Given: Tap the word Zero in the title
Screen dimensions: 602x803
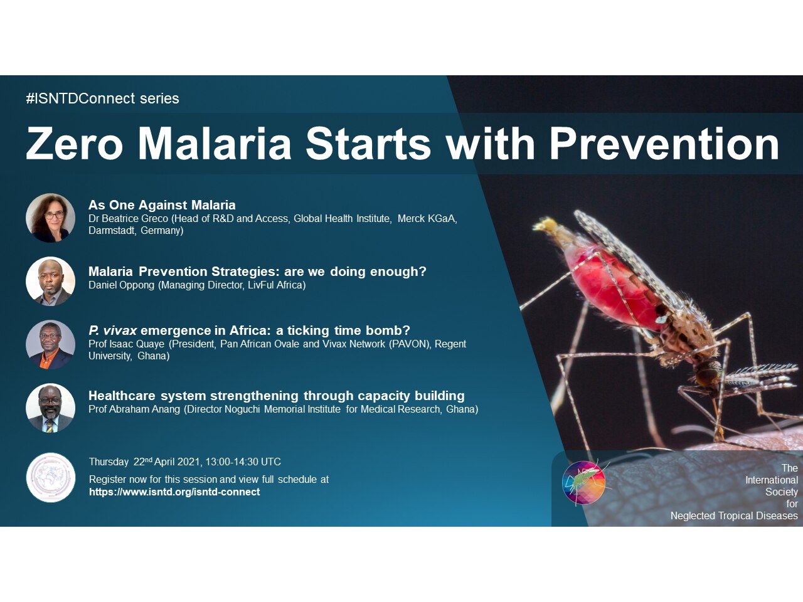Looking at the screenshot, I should point(74,144).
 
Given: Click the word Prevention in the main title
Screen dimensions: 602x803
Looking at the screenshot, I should point(664,144).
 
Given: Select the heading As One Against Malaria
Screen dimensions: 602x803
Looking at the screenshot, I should point(162,205).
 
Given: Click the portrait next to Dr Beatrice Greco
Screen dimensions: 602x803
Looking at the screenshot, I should point(50,218).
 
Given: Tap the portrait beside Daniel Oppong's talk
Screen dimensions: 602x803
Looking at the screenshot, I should point(50,281).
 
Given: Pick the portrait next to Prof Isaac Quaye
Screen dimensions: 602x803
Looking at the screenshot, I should point(50,344).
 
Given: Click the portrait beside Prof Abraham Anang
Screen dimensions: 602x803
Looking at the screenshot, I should point(50,408).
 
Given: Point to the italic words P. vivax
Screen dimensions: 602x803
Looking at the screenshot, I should point(112,330).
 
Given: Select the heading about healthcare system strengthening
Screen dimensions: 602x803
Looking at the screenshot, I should point(276,396).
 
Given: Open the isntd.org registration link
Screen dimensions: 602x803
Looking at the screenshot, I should point(174,492).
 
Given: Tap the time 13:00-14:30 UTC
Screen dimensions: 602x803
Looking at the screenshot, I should point(243,462).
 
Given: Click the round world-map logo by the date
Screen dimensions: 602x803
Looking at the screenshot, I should point(50,477).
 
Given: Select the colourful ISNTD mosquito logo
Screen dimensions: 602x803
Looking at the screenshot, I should point(584,482).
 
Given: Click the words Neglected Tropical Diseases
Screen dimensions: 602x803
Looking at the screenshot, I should point(734,516).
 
